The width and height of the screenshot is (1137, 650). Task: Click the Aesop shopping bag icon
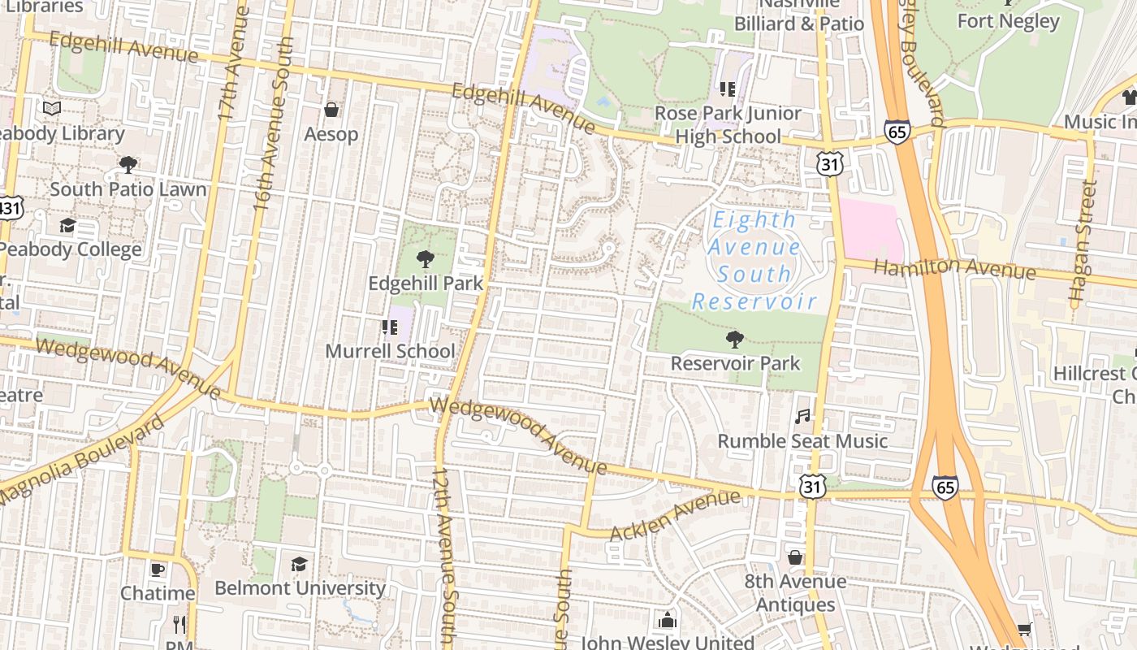click(331, 110)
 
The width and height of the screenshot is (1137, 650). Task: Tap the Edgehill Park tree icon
click(424, 260)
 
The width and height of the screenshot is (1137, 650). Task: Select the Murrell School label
click(390, 351)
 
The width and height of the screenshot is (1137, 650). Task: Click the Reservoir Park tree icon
click(735, 339)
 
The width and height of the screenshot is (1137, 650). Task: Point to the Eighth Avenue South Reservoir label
click(754, 260)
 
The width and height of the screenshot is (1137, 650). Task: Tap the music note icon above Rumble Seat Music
click(802, 416)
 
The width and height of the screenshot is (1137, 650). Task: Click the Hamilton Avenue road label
click(954, 268)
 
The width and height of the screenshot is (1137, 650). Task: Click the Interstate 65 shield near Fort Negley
click(897, 132)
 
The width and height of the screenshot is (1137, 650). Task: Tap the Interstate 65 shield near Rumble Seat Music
click(945, 487)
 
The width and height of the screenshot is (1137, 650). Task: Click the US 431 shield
click(10, 209)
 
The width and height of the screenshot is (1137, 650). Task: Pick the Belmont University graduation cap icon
click(299, 564)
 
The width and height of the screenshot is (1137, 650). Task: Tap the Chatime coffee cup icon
click(157, 570)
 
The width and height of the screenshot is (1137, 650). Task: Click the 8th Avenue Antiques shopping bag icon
click(795, 557)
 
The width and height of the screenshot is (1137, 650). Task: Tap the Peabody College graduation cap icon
click(67, 226)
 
